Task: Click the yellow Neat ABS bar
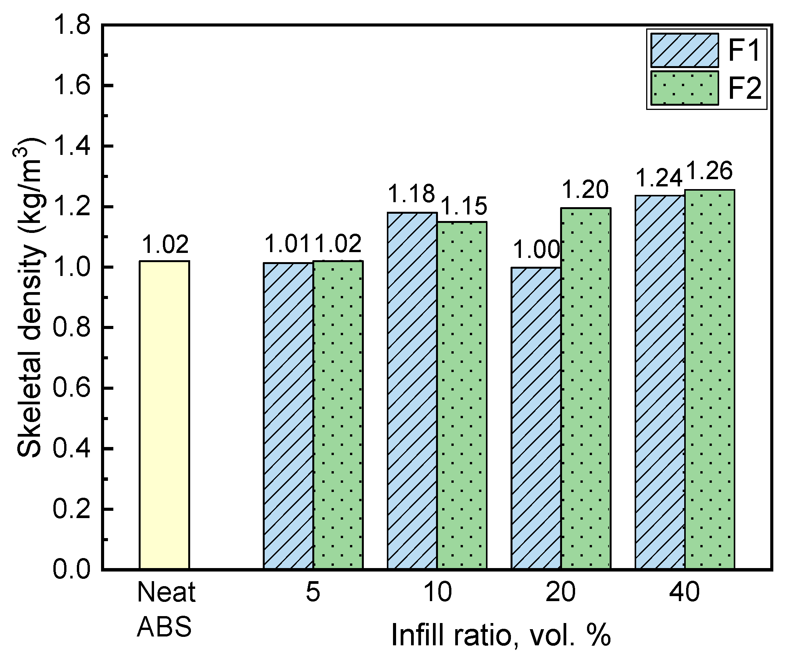[x=164, y=415]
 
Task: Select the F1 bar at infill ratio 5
[x=288, y=416]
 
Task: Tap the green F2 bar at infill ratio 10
[x=462, y=395]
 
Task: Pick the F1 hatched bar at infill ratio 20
[x=536, y=418]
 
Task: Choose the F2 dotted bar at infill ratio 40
[x=710, y=379]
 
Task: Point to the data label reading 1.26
[x=709, y=171]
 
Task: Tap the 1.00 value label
[x=536, y=250]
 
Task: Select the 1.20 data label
[x=585, y=190]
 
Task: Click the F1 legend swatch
[x=685, y=50]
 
